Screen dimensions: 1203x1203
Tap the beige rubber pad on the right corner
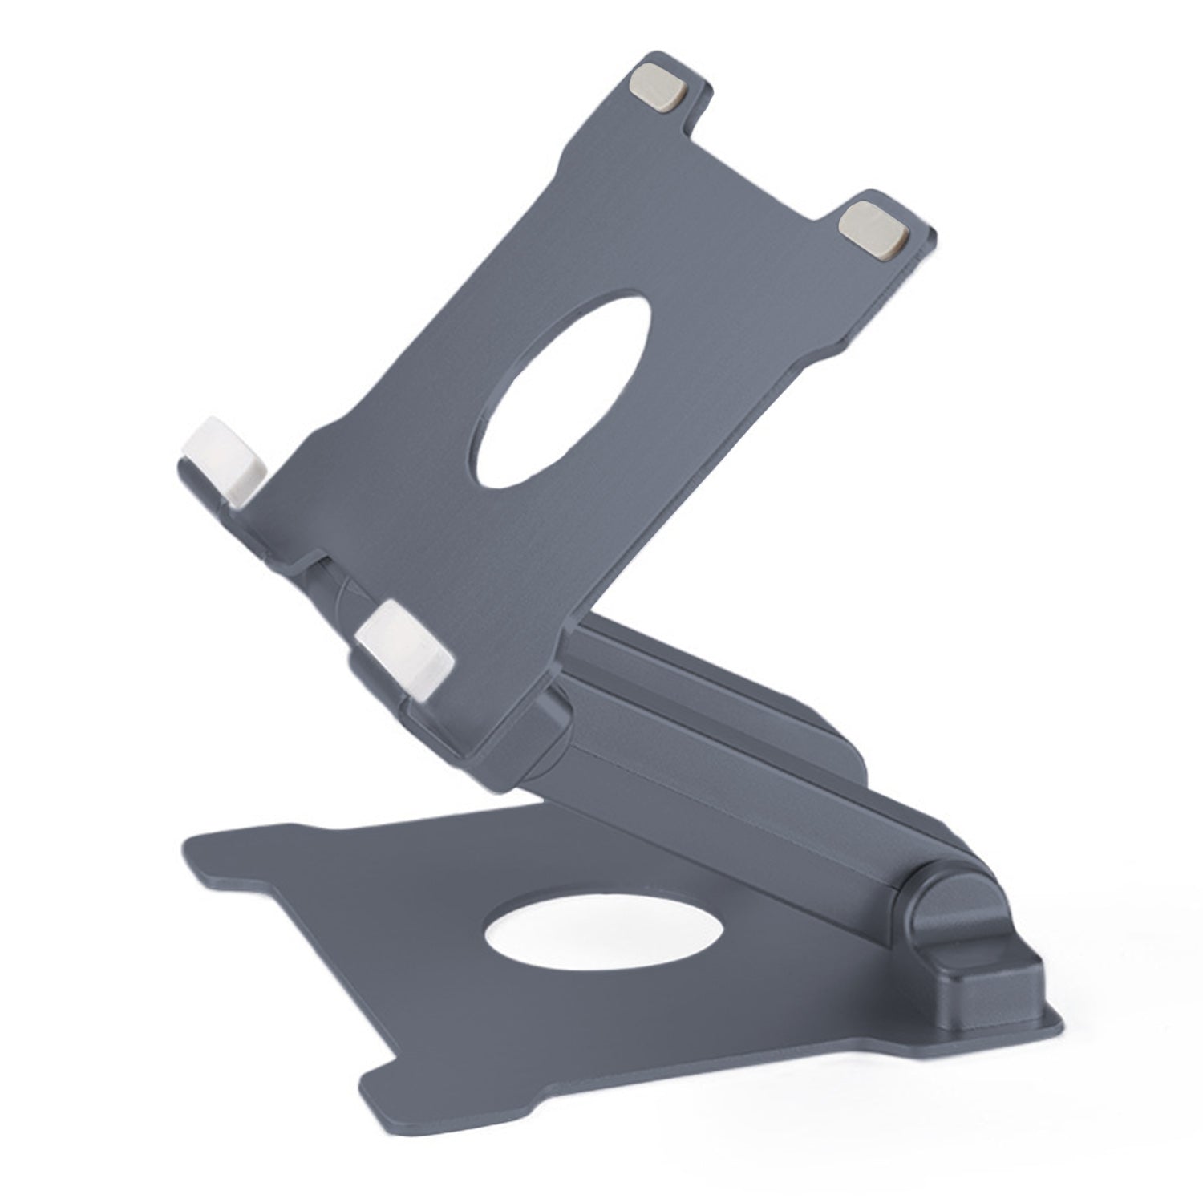[875, 229]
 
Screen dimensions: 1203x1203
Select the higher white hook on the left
[224, 460]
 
